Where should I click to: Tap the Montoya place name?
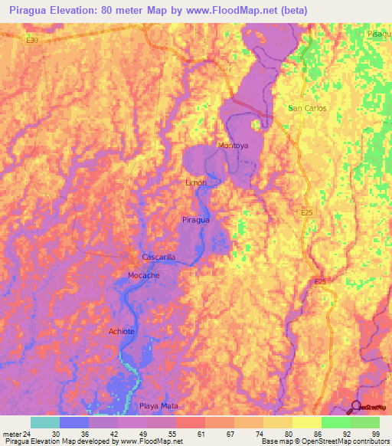[234, 146]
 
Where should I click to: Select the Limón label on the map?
[197, 183]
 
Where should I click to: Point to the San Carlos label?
[307, 108]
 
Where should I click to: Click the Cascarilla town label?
[159, 257]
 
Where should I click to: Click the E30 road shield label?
[31, 40]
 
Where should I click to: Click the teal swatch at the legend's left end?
[44, 422]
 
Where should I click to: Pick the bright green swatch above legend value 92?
[335, 422]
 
